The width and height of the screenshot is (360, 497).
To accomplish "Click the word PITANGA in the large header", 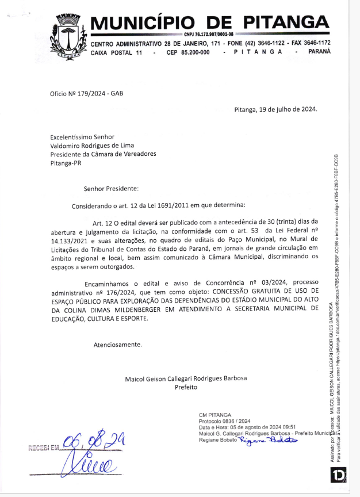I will (286, 22).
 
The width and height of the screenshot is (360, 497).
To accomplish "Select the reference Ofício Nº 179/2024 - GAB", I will (86, 93).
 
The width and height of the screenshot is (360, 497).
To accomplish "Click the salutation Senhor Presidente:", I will (111, 188).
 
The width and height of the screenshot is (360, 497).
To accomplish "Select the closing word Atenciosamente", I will (117, 345).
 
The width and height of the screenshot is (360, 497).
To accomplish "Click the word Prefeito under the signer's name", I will (186, 387).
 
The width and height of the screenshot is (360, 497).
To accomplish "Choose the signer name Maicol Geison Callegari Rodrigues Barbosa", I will (186, 379).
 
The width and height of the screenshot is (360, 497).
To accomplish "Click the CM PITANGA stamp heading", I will (215, 415).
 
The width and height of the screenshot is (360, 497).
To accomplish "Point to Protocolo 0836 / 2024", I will (224, 421).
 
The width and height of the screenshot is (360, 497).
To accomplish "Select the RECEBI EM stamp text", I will (43, 447).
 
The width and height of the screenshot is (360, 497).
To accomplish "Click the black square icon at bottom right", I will (338, 475).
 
